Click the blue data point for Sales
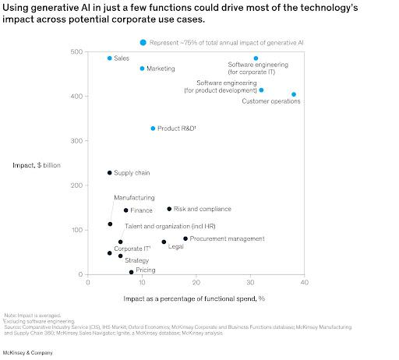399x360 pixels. point(110,58)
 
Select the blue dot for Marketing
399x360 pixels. point(142,69)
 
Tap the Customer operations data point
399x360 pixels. point(294,94)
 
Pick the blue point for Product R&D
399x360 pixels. point(153,129)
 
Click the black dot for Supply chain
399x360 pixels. point(110,173)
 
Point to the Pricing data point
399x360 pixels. point(131,273)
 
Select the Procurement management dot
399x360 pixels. point(185,238)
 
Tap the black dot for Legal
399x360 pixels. point(164,242)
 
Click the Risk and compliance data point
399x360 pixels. point(169,209)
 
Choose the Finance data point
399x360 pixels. point(125,210)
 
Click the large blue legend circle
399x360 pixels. point(143,42)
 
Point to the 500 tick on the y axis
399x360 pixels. point(76,52)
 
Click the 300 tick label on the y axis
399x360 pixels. point(76,141)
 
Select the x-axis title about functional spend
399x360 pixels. point(195,298)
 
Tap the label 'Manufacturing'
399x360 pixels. point(134,198)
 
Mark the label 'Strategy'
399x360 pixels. point(137,260)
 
